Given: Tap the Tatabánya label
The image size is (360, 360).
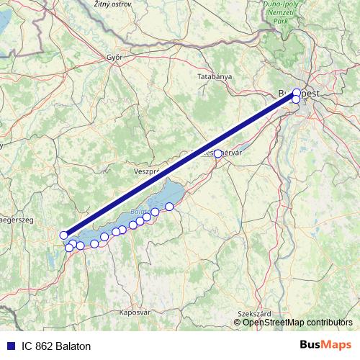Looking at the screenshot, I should click(214, 76).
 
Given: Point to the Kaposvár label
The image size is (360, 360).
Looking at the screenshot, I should click(135, 312).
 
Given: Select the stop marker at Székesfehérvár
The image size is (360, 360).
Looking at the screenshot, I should click(217, 153).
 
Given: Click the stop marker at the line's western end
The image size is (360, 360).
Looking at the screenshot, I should click(64, 235).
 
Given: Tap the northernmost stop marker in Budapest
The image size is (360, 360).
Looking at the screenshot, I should click(297, 92).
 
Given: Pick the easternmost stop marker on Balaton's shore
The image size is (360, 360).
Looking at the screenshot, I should click(170, 207).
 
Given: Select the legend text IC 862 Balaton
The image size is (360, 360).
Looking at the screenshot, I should click(56, 346).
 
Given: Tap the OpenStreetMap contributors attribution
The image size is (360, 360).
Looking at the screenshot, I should click(297, 322).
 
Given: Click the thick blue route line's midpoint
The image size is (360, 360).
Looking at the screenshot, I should click(180, 163).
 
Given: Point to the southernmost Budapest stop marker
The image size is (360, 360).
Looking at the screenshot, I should click(296, 99).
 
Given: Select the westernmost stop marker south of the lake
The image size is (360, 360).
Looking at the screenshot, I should click(69, 248).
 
